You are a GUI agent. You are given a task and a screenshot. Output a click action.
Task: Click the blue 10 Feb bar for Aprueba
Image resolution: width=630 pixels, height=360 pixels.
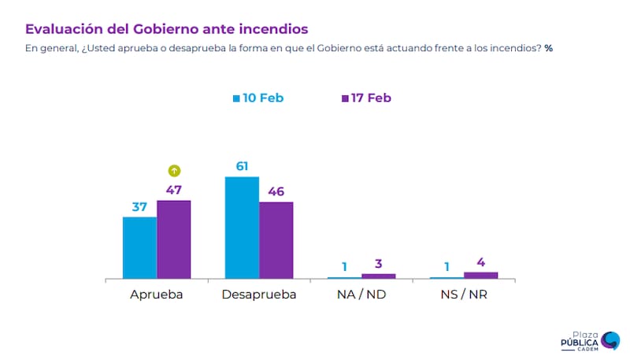pos(139,247)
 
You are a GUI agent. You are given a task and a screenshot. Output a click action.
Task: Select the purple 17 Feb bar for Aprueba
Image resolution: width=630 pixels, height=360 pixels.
pos(174,239)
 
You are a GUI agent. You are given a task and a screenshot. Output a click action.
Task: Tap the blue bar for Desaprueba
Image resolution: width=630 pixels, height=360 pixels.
pos(242,228)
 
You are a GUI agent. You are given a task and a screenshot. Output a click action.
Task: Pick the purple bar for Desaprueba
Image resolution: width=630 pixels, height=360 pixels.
pos(276,240)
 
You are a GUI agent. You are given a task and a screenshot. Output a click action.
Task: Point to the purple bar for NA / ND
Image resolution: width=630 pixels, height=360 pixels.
pos(378,276)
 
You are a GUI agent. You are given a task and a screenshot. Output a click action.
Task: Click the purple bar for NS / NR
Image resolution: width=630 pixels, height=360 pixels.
pos(480,275)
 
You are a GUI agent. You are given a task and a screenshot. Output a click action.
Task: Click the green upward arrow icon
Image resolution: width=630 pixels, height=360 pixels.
pos(175,170)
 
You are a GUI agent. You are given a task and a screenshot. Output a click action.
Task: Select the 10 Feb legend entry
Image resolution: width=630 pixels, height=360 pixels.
pos(258,98)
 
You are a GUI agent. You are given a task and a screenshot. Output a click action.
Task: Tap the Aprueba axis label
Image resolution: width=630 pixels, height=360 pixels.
pos(157,295)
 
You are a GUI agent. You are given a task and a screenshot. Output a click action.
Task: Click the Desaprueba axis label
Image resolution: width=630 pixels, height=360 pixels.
pos(259,295)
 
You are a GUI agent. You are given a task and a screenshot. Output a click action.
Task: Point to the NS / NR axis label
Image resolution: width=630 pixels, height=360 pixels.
pos(464,295)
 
